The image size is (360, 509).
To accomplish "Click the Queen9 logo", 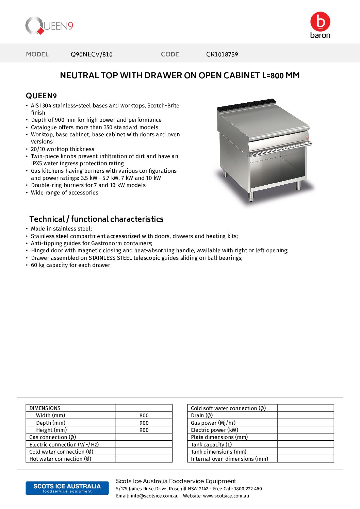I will pyautogui.click(x=49, y=26).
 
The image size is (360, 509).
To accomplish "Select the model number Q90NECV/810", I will pyautogui.click(x=92, y=54).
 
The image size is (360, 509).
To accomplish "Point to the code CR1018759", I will pyautogui.click(x=222, y=54).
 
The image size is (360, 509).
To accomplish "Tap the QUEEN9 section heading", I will pyautogui.click(x=41, y=96).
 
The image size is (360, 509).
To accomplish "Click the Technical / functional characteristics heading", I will pyautogui.click(x=96, y=219).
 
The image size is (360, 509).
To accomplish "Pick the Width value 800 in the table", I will pyautogui.click(x=144, y=415).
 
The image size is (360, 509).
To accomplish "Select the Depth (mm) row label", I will pyautogui.click(x=51, y=423).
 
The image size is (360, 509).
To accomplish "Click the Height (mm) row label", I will pyautogui.click(x=51, y=430).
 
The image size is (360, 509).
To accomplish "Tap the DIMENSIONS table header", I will pyautogui.click(x=45, y=408).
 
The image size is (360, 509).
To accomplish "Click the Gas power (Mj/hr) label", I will pyautogui.click(x=213, y=423).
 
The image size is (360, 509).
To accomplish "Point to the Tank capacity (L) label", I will pyautogui.click(x=211, y=444).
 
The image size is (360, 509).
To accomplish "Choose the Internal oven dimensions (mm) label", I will pyautogui.click(x=229, y=459).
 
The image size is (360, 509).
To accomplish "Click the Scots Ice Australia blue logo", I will pyautogui.click(x=67, y=488).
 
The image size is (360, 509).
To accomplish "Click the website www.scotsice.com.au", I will pyautogui.click(x=226, y=496).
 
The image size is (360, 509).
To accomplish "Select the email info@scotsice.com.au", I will pyautogui.click(x=154, y=496).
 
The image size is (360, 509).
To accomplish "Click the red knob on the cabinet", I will pyautogui.click(x=307, y=138).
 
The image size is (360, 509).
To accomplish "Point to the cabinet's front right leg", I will pyautogui.click(x=298, y=185).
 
